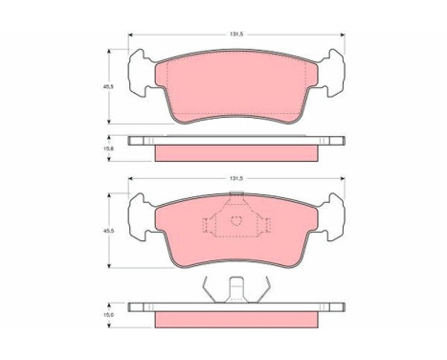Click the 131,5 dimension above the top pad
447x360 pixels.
[x=236, y=34]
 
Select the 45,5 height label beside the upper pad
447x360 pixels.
[x=106, y=86]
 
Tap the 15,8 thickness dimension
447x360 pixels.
[x=106, y=148]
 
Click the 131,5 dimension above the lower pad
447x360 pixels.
[x=236, y=179]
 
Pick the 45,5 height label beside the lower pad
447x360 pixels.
[x=106, y=231]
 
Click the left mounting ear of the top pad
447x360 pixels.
[x=139, y=73]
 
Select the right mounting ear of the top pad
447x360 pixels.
[x=334, y=73]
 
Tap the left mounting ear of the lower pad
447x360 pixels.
[x=139, y=217]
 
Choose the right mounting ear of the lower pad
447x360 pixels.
[x=334, y=217]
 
